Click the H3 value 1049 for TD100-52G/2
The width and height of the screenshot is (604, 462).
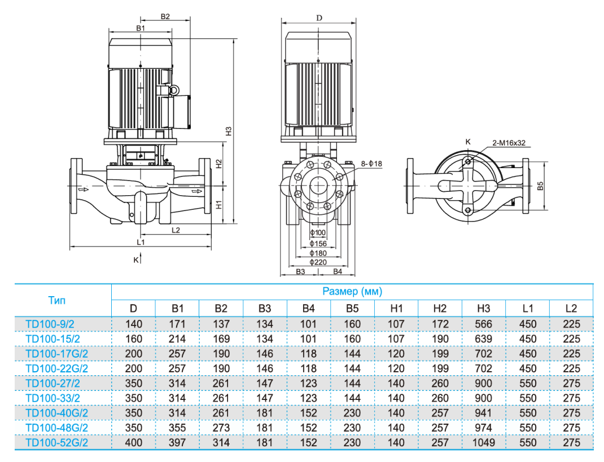(x=484, y=442)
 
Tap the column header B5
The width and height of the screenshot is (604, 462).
(x=352, y=309)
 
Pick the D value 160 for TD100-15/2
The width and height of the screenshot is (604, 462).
(x=133, y=339)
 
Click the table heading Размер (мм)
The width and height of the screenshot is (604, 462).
(x=352, y=292)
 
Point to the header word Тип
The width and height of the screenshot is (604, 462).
(x=56, y=300)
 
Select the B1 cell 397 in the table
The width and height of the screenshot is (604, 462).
(x=177, y=442)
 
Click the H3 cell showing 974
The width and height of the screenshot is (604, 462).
(x=484, y=428)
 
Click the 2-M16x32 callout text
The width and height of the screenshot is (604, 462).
(x=509, y=143)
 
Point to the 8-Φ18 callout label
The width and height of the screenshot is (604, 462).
(x=371, y=164)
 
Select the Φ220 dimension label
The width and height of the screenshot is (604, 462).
(x=318, y=262)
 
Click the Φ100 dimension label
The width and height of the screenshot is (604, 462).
(x=318, y=233)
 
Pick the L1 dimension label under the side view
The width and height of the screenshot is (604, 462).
(x=141, y=243)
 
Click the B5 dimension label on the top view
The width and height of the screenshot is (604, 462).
(x=541, y=186)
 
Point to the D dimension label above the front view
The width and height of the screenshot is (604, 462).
(x=319, y=18)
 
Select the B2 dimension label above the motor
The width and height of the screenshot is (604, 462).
(x=165, y=16)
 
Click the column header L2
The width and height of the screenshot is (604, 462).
(x=571, y=309)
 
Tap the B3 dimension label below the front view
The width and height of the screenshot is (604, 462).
(x=300, y=272)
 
